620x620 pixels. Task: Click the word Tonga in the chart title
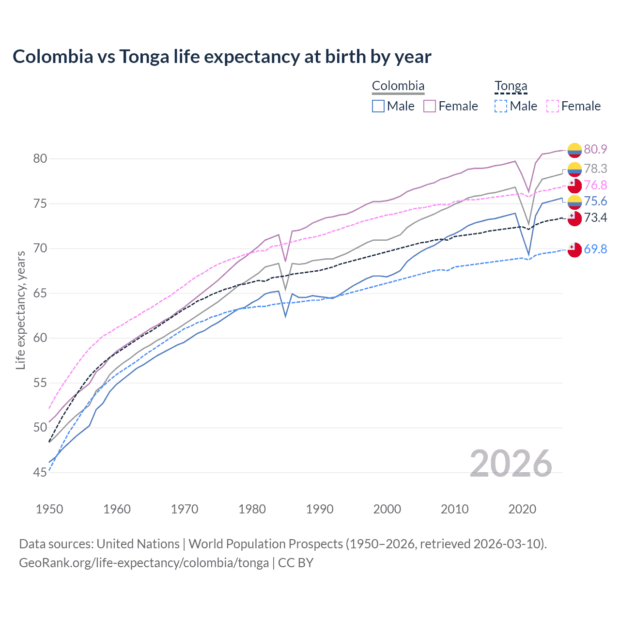tap(144, 57)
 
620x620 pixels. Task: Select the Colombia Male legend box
tap(378, 106)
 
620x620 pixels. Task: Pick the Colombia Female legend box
tap(430, 106)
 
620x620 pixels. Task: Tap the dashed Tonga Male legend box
tap(501, 106)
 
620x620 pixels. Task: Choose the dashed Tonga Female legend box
tap(553, 106)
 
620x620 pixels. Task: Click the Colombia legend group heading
tap(398, 86)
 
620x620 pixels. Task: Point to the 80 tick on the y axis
tap(40, 158)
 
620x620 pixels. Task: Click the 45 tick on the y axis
tap(40, 472)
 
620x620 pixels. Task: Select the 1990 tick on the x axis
tap(320, 509)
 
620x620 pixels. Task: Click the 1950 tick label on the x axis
tap(49, 509)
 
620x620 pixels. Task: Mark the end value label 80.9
tap(595, 149)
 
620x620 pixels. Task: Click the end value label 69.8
tap(595, 249)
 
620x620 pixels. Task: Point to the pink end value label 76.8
tap(595, 185)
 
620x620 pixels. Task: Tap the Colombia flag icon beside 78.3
tap(574, 169)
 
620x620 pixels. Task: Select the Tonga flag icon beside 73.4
tap(574, 218)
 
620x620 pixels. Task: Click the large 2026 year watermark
tap(511, 464)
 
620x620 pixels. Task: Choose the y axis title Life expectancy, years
tap(20, 310)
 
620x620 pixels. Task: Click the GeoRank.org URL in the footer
tap(144, 563)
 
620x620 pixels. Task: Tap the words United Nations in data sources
tap(138, 544)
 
